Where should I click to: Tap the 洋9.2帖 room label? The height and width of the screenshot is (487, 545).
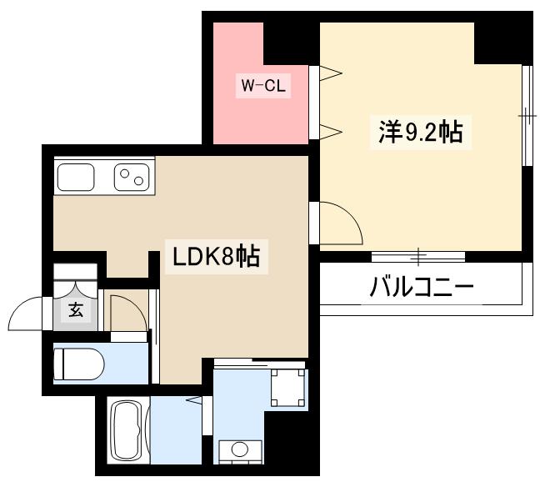click(421, 132)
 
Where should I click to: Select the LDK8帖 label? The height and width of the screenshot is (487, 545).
click(216, 256)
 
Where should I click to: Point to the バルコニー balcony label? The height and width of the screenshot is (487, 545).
click(422, 289)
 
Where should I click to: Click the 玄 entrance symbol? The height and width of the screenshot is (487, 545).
click(75, 311)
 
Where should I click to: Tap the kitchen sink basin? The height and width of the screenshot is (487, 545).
click(76, 177)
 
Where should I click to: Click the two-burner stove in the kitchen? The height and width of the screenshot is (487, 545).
click(131, 177)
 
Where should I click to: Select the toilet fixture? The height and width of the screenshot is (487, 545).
click(77, 364)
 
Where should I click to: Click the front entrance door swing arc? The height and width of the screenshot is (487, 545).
click(29, 315)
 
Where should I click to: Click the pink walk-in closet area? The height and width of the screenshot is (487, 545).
click(250, 117)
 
